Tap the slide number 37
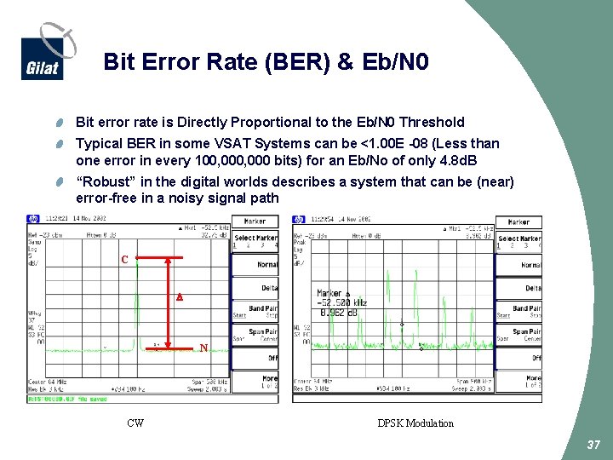click(593, 446)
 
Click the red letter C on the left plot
click(125, 259)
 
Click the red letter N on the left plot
click(203, 348)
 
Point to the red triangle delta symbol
click(179, 298)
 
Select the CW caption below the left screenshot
click(135, 423)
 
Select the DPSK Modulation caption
click(415, 423)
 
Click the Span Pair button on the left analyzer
click(262, 334)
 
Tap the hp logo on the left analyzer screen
click(32, 218)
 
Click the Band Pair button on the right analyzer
click(526, 311)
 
